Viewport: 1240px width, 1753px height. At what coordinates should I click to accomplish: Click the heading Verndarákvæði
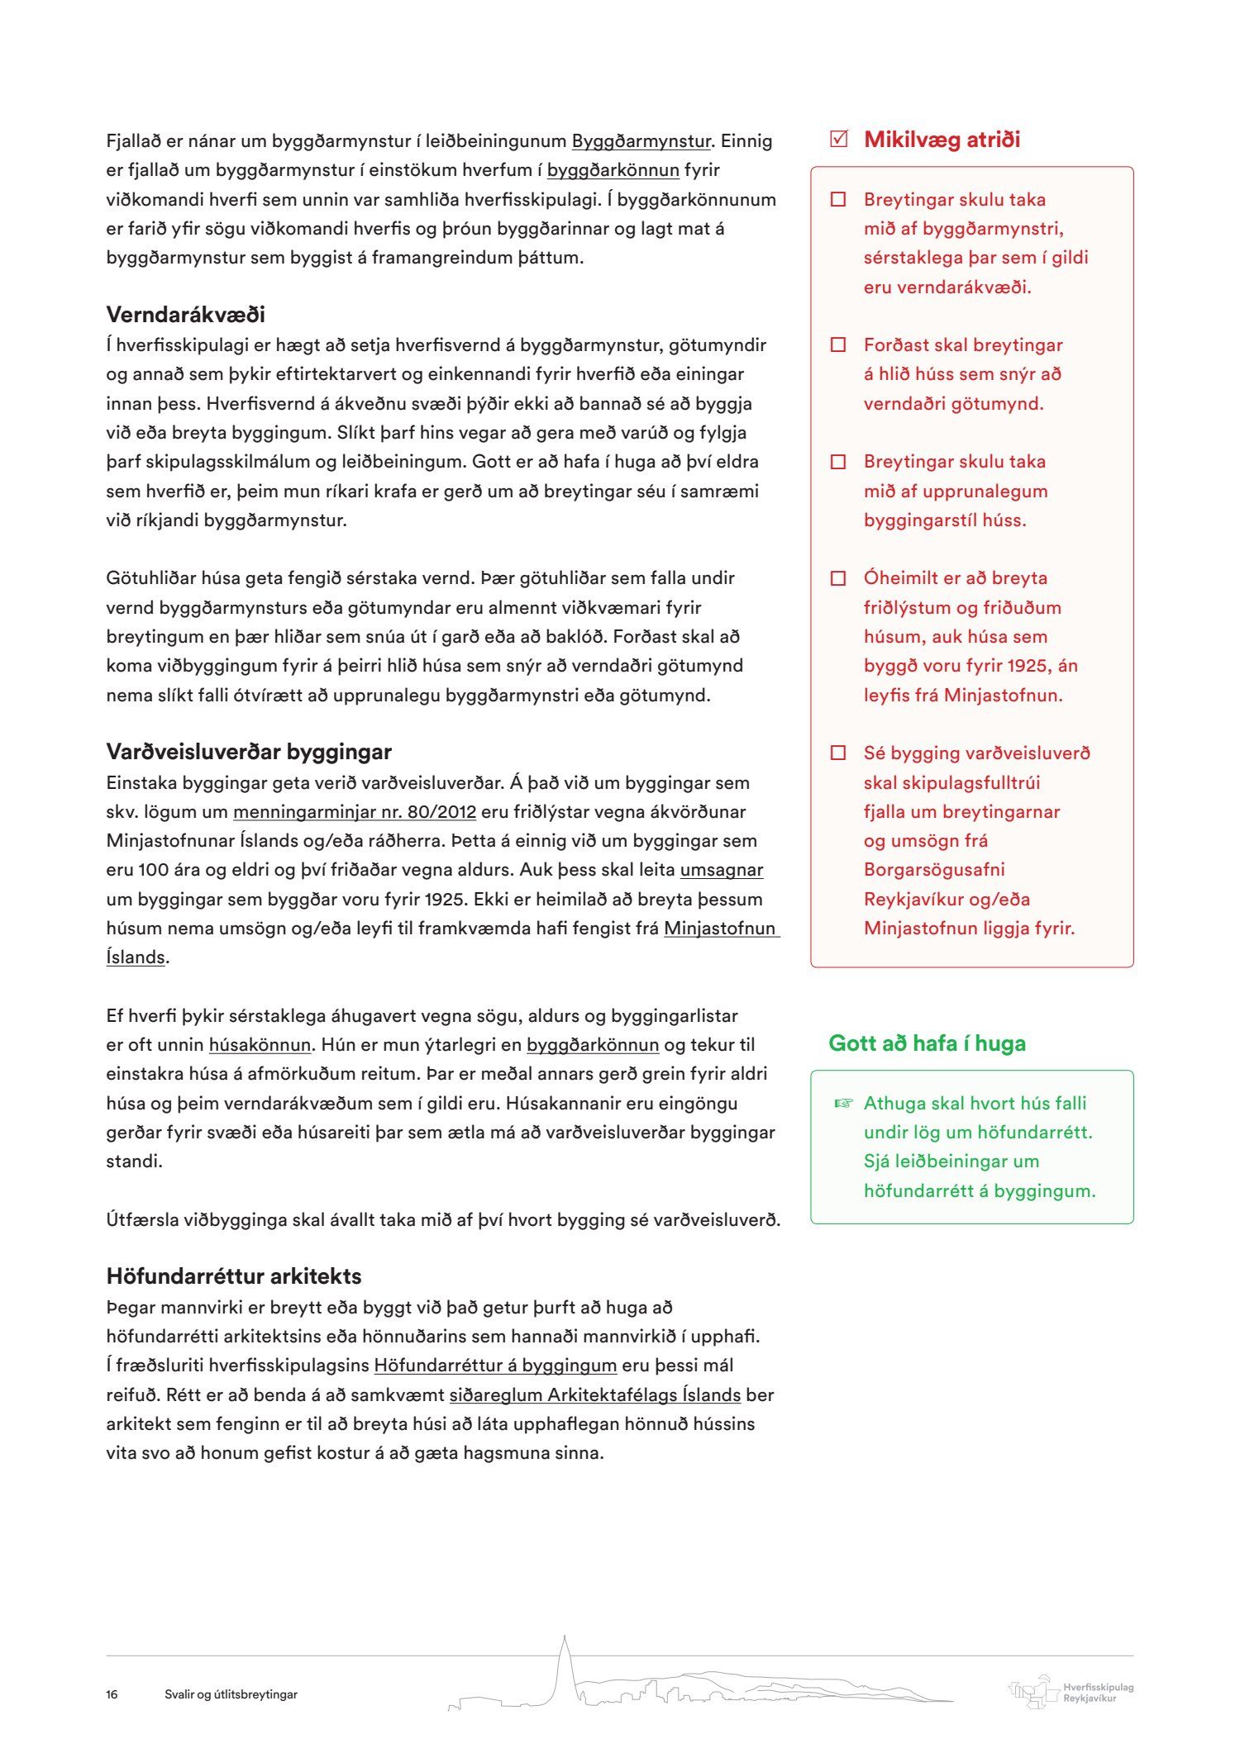click(185, 315)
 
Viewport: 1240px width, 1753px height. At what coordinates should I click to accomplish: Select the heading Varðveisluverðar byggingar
click(248, 752)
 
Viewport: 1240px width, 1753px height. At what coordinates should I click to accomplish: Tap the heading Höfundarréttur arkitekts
click(233, 1276)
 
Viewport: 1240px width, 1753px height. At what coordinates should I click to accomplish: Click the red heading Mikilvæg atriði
click(942, 140)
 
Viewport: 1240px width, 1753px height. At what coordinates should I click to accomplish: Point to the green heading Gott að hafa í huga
click(927, 1043)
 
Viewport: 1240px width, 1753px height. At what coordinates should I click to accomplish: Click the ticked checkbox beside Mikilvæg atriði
click(838, 139)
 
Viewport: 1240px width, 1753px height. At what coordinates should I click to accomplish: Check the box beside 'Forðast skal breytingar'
click(838, 345)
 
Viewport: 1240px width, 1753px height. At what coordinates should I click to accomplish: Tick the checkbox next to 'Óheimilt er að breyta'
click(838, 578)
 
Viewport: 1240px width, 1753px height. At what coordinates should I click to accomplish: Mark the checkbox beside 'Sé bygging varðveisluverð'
click(838, 753)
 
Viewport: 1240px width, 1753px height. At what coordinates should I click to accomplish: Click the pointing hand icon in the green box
click(842, 1103)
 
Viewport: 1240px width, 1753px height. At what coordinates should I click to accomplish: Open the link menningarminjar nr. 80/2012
click(354, 812)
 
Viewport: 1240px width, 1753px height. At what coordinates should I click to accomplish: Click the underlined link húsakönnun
click(260, 1045)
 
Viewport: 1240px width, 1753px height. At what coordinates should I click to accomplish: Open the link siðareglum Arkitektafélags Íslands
click(594, 1395)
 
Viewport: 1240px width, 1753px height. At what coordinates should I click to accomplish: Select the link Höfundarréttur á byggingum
click(495, 1366)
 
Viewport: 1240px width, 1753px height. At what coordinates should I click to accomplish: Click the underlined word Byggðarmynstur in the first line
click(641, 141)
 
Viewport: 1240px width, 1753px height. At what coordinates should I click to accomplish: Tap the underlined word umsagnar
click(721, 870)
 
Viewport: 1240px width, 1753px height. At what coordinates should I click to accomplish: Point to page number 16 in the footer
click(112, 1694)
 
